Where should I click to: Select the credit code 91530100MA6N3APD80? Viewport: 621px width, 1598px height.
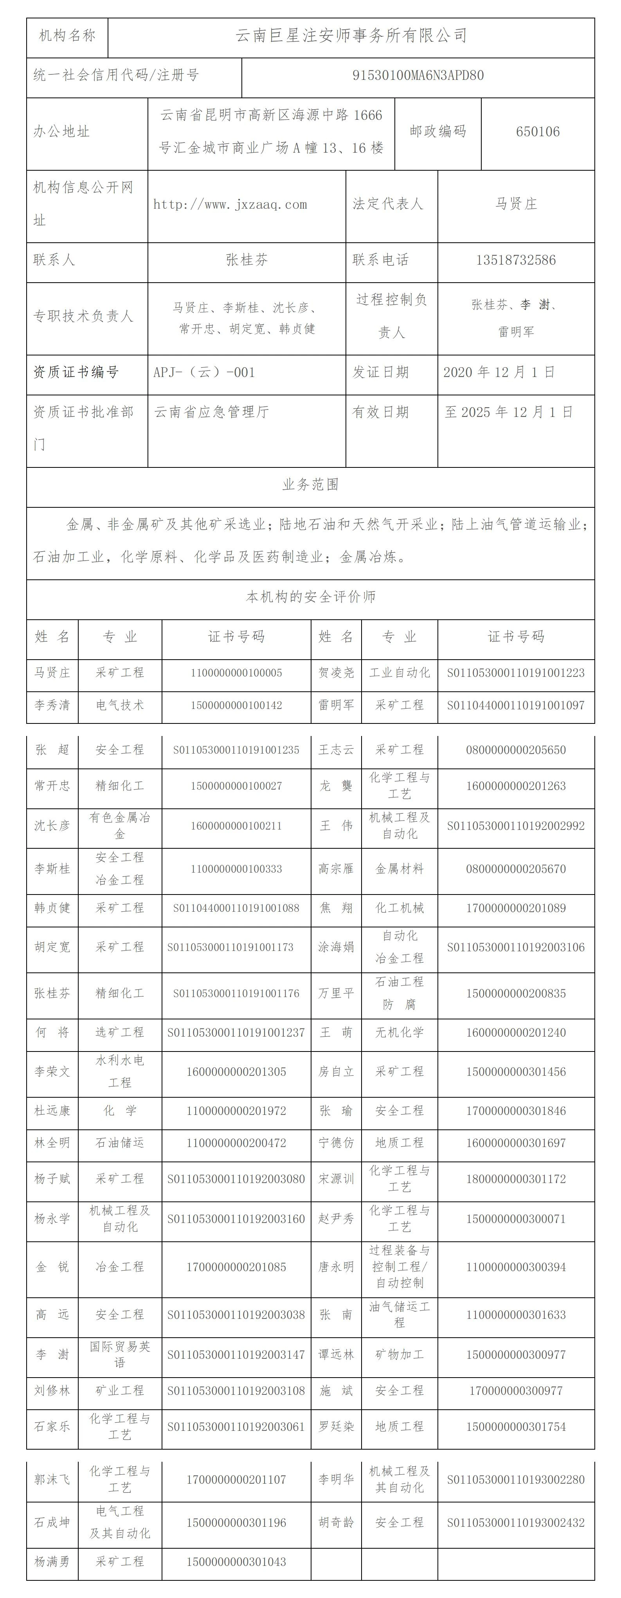tap(418, 76)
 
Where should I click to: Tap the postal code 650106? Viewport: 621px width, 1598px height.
tap(537, 132)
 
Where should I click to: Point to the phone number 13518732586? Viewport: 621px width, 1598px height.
tap(515, 260)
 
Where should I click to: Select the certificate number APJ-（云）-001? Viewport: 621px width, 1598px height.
tap(204, 373)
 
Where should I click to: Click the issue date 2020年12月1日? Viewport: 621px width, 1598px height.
tap(499, 372)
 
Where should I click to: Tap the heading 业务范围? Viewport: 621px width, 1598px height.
tap(310, 485)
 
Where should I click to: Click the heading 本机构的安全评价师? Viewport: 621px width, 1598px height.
tap(310, 597)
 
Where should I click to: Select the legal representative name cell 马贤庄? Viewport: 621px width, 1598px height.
tap(515, 204)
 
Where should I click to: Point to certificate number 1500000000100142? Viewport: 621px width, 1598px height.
tap(236, 705)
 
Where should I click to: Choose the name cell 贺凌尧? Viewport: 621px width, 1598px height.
tap(336, 673)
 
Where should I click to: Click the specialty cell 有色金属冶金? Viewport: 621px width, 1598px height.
tap(120, 826)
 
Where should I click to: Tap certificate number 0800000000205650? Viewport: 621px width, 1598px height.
tap(515, 750)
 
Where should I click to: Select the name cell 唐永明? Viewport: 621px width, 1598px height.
tap(336, 1267)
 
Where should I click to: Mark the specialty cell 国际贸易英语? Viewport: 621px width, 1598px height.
tap(120, 1355)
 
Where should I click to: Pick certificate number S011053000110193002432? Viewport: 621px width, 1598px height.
tap(515, 1522)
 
